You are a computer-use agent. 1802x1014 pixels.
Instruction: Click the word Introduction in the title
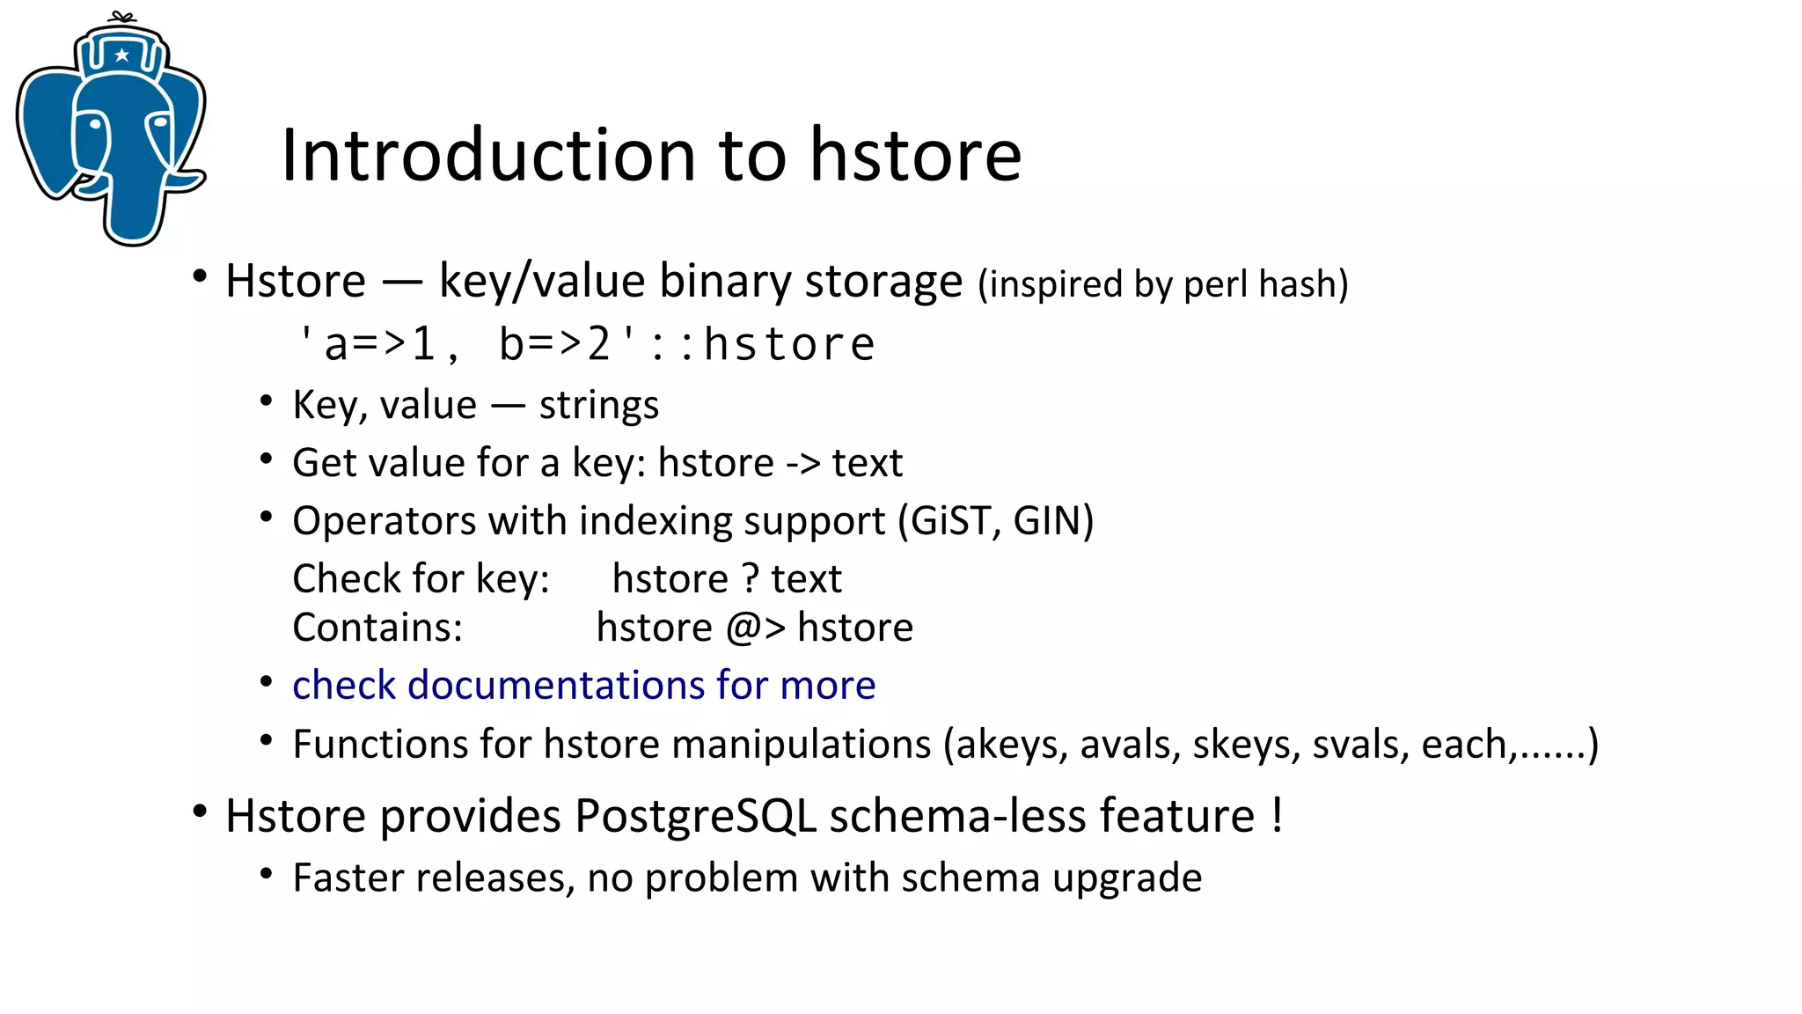click(x=488, y=155)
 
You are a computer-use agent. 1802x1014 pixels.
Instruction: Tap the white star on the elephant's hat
click(x=122, y=55)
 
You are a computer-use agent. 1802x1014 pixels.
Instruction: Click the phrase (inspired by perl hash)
click(x=1162, y=284)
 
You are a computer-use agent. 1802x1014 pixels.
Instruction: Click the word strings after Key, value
click(x=598, y=406)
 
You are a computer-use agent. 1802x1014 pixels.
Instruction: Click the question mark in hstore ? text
click(x=750, y=579)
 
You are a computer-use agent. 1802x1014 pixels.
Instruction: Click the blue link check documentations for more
click(x=583, y=686)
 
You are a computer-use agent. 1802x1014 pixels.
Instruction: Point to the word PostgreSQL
click(x=695, y=816)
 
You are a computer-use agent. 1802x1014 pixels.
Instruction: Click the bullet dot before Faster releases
click(x=267, y=875)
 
